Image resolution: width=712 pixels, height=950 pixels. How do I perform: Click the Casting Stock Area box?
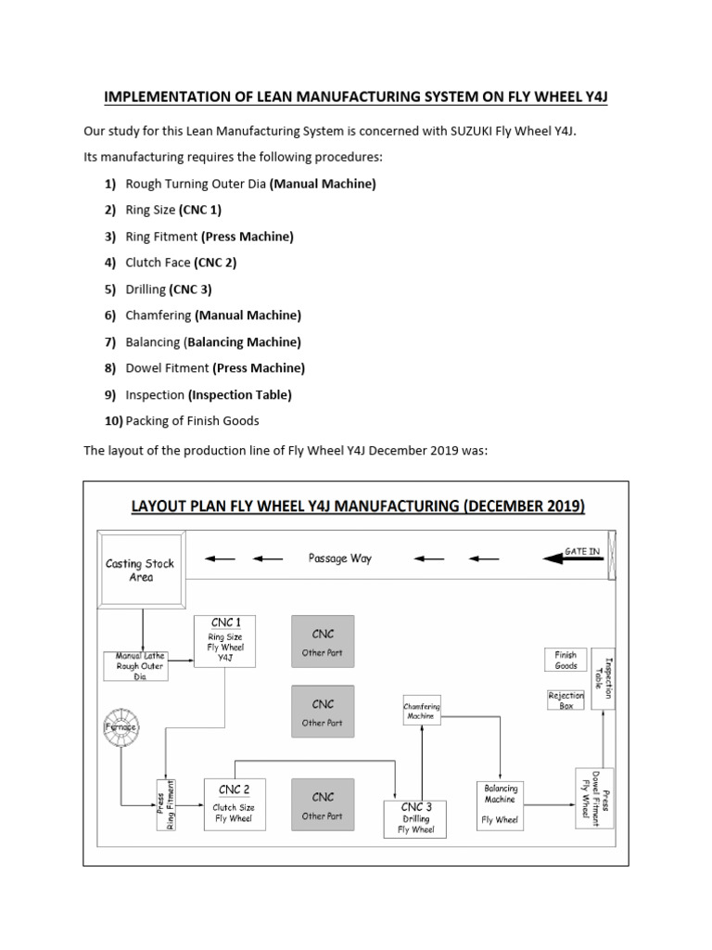click(140, 570)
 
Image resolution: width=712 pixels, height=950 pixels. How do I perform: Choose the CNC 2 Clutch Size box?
click(234, 803)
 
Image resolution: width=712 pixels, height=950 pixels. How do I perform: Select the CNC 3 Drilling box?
click(415, 819)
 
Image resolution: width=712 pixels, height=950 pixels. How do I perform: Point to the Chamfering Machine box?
click(422, 712)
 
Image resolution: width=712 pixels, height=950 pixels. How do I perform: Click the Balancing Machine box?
click(501, 803)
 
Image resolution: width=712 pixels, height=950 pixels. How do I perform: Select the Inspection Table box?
click(603, 678)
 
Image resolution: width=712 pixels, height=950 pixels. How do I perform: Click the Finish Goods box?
click(566, 661)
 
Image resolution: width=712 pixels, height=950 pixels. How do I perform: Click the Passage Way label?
click(339, 558)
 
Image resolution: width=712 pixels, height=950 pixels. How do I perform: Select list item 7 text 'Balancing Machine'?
click(244, 342)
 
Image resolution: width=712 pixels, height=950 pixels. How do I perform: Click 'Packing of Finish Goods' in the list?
click(192, 421)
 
